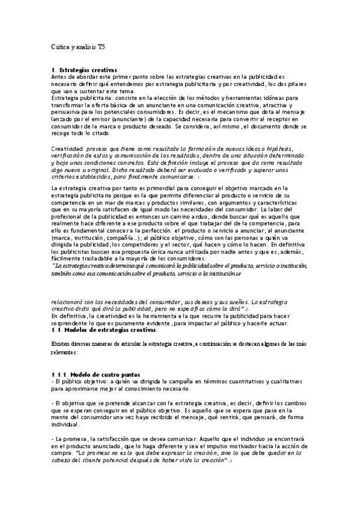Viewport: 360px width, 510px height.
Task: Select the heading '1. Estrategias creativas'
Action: (x=84, y=71)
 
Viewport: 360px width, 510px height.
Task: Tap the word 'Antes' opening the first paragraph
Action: (x=60, y=78)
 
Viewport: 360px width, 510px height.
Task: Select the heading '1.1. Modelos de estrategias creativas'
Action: (x=105, y=330)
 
